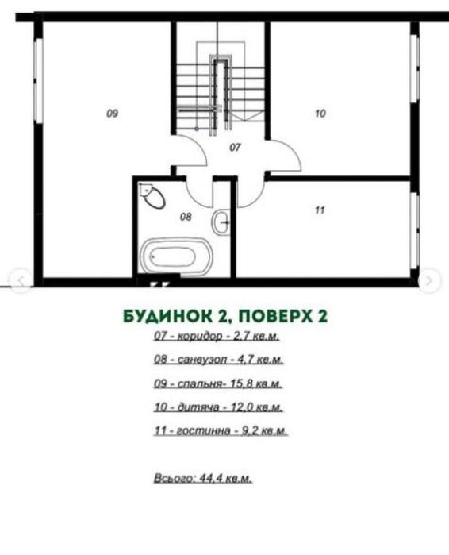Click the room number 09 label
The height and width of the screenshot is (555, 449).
112,114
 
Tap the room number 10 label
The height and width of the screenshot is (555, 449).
320,114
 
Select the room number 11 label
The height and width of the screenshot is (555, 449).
320,210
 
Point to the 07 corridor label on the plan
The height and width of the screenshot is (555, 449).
235,147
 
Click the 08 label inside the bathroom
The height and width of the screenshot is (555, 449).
186,215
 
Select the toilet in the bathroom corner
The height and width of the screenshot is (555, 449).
152,195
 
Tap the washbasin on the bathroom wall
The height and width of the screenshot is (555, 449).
221,222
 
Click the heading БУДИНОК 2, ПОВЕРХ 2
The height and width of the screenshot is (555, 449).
225,315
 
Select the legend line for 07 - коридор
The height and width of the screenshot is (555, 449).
218,336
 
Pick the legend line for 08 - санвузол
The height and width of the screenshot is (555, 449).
219,360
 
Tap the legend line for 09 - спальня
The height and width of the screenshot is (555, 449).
219,383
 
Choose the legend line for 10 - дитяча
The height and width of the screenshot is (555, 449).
219,407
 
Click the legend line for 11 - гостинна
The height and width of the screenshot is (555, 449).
221,431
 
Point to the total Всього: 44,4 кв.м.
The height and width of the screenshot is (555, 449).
202,479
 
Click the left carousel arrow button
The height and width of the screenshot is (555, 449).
21,279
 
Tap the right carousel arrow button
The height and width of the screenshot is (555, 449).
429,279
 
